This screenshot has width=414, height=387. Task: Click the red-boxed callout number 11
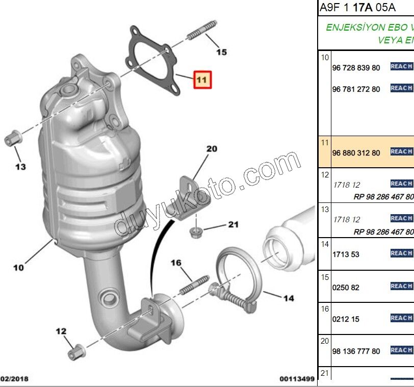pyautogui.click(x=201, y=80)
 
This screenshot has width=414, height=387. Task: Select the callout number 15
pyautogui.click(x=221, y=51)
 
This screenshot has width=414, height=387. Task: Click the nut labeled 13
pyautogui.click(x=12, y=137)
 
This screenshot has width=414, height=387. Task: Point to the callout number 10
pyautogui.click(x=18, y=267)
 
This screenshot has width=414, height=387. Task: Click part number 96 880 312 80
pyautogui.click(x=356, y=153)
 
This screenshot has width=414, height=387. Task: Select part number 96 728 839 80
pyautogui.click(x=356, y=68)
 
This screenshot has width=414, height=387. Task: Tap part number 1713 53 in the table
pyautogui.click(x=346, y=254)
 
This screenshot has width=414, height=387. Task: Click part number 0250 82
pyautogui.click(x=346, y=288)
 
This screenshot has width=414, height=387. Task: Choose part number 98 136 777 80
pyautogui.click(x=356, y=351)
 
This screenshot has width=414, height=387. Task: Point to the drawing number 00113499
pyautogui.click(x=296, y=379)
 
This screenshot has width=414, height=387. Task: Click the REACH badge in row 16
pyautogui.click(x=401, y=318)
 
